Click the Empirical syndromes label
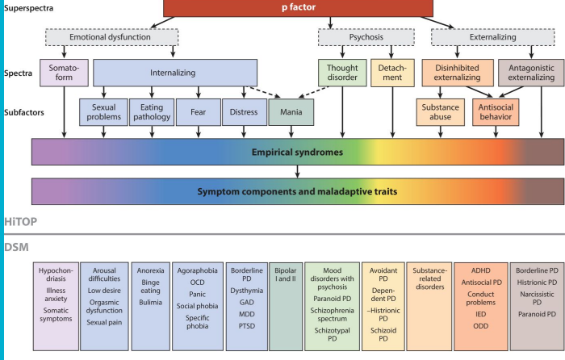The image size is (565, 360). click(298, 151)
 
